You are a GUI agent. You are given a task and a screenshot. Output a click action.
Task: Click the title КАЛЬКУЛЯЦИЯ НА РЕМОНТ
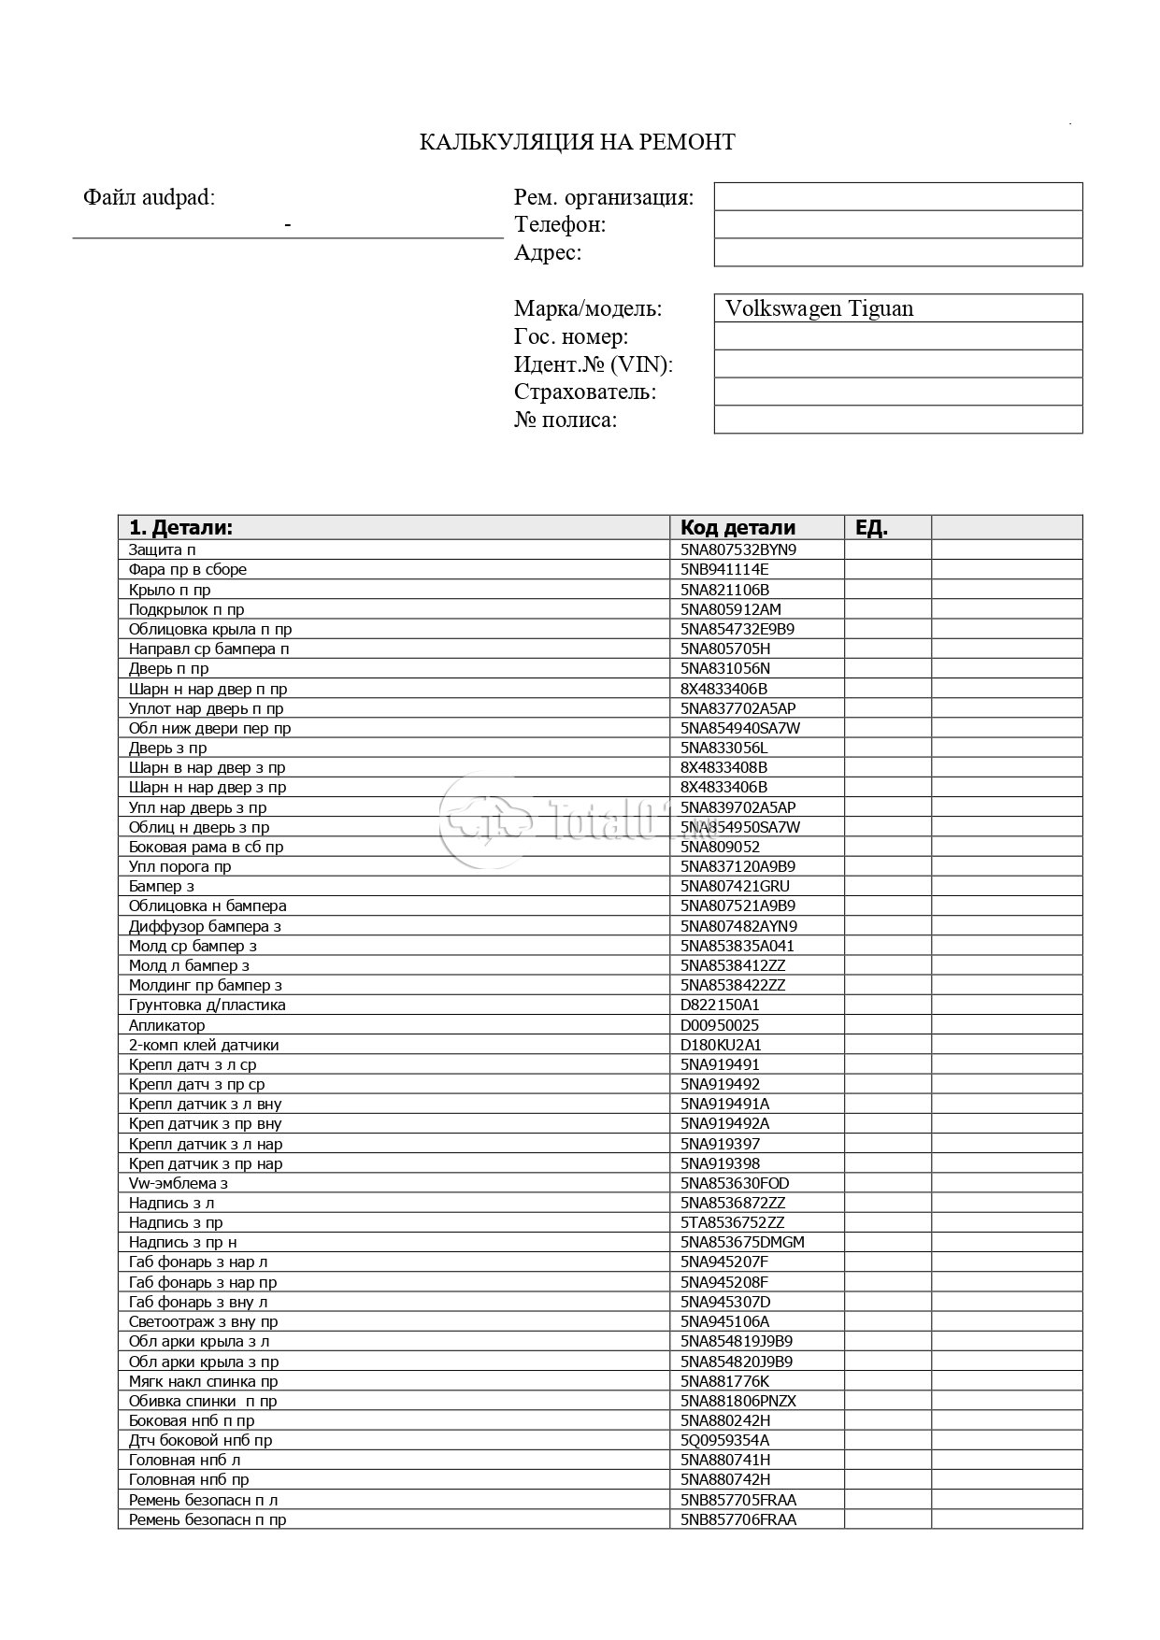coord(577,142)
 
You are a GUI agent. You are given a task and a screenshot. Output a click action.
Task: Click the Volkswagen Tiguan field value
coord(819,308)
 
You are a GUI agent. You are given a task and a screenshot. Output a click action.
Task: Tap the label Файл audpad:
coord(149,197)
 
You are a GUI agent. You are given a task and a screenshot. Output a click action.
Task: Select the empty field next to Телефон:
coord(897,224)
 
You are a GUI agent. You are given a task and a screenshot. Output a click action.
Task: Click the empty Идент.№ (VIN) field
coord(897,364)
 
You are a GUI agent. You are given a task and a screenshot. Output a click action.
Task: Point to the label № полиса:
coord(566,420)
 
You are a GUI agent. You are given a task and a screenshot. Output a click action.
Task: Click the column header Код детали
coord(744,527)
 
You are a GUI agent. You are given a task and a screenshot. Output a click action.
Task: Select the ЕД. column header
coord(871,527)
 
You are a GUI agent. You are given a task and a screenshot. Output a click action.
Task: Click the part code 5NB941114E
coord(724,569)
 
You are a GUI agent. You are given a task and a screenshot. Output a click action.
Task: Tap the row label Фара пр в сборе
coord(188,569)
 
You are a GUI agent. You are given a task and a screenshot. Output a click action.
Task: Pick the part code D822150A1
coord(720,1005)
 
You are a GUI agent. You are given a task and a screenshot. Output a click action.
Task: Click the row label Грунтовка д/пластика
coord(208,1005)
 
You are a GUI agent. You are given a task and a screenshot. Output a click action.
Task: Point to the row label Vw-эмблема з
coord(179,1183)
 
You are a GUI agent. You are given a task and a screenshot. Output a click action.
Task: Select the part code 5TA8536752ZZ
coord(733,1222)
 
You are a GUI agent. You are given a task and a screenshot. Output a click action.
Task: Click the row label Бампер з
coord(162,886)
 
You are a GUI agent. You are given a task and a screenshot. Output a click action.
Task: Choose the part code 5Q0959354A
coord(725,1440)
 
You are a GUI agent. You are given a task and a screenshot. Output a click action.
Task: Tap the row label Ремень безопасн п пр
coord(208,1519)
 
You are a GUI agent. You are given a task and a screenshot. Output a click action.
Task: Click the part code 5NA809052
coord(720,847)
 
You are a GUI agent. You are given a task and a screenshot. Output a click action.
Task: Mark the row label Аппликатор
coord(167,1025)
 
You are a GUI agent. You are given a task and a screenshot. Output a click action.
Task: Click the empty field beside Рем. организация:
coord(897,197)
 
